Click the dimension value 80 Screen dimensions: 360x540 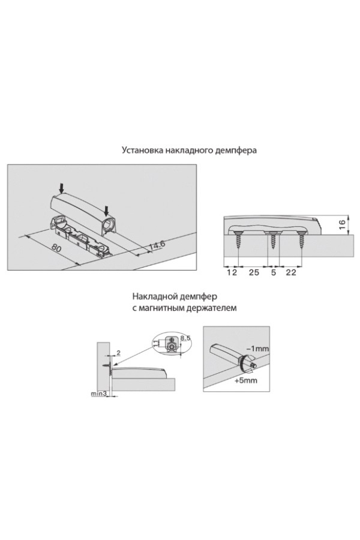[x=55, y=248]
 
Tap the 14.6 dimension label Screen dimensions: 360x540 [x=157, y=245]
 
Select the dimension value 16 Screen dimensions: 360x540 [x=342, y=224]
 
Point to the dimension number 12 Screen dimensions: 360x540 [x=232, y=272]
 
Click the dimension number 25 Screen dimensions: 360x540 [x=254, y=272]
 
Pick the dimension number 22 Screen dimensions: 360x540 [x=291, y=272]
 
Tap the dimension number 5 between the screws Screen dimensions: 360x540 [x=274, y=272]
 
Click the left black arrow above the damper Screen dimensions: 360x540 [x=61, y=188]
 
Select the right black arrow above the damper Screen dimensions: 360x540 [x=107, y=209]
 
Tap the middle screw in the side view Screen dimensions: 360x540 [x=273, y=240]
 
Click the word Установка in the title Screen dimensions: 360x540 [x=142, y=151]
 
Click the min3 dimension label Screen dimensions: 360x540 [x=98, y=394]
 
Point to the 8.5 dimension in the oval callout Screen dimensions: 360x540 [x=185, y=338]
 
